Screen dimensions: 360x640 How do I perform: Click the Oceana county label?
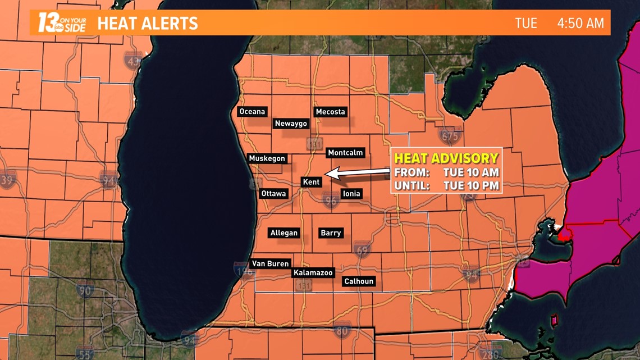click(252, 112)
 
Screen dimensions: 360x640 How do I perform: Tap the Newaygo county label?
click(291, 124)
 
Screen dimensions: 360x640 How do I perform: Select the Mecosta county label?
click(330, 112)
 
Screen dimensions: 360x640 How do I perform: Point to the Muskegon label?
click(267, 159)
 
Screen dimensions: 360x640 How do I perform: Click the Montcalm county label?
click(346, 153)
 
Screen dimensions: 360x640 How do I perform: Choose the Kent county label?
click(311, 182)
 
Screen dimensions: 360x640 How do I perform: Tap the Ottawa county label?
click(274, 194)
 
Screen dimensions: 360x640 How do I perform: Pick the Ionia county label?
click(351, 194)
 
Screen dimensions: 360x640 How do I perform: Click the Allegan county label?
click(284, 233)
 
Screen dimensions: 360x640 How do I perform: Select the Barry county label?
click(331, 233)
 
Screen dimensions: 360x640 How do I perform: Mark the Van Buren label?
click(270, 263)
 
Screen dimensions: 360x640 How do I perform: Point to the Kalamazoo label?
click(313, 273)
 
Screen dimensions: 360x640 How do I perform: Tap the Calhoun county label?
click(359, 281)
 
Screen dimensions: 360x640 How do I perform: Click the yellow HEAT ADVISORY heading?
click(446, 158)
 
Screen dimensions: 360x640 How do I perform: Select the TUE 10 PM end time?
click(471, 185)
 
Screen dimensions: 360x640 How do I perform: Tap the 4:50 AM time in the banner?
click(580, 24)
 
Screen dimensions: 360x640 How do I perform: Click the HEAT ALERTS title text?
click(148, 24)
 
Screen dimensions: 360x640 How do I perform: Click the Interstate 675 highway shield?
click(450, 136)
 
